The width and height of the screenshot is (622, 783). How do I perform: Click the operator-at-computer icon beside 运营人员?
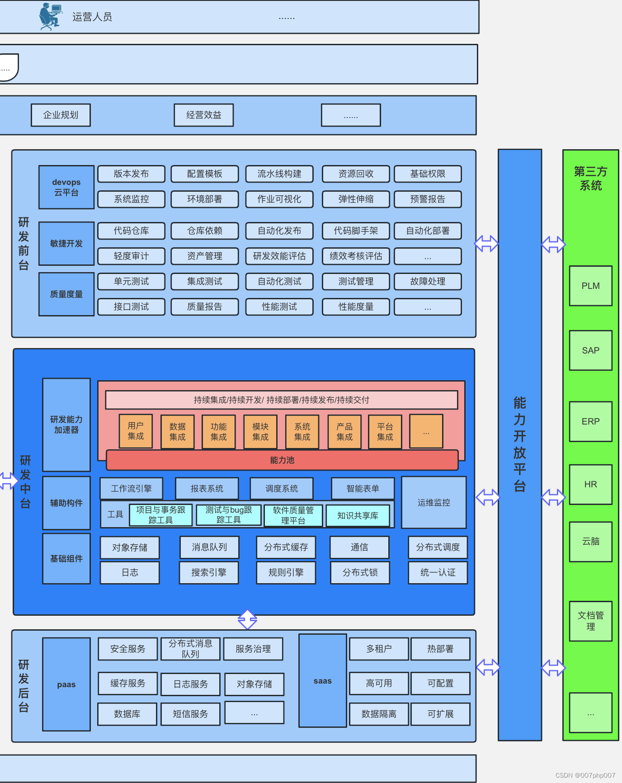coord(50,16)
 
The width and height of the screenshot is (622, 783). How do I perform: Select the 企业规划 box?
coord(61,115)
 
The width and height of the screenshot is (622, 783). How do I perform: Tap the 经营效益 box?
coord(204,115)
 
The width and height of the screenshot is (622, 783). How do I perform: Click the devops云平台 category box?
coord(66,187)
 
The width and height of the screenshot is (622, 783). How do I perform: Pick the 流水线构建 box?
coord(279,174)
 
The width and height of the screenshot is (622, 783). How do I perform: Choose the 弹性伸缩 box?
coord(356,199)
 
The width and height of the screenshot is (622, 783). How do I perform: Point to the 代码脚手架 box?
coord(356,231)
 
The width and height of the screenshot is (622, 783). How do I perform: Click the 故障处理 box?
coord(428,282)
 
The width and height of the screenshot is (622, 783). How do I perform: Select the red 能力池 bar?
coord(282,460)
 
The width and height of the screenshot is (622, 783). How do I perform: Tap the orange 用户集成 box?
coord(136,431)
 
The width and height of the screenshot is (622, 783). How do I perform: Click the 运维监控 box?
coord(434,503)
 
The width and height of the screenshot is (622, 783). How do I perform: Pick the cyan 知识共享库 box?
coord(358,516)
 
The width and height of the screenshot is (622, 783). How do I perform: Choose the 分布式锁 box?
coord(360,573)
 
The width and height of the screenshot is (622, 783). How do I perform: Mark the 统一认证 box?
coord(438,573)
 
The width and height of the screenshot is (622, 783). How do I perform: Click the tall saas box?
coord(323,681)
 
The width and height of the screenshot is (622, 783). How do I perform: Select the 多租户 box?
coord(379,649)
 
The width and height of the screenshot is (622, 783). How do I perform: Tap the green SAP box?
coord(590,351)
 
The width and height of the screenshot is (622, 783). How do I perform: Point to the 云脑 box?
coord(590,542)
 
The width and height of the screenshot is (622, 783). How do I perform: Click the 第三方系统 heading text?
coord(590,179)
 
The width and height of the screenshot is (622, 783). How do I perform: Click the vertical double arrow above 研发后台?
coord(247,619)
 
